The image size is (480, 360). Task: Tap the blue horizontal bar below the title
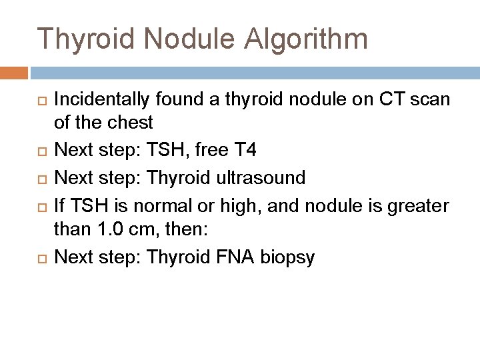click(253, 72)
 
